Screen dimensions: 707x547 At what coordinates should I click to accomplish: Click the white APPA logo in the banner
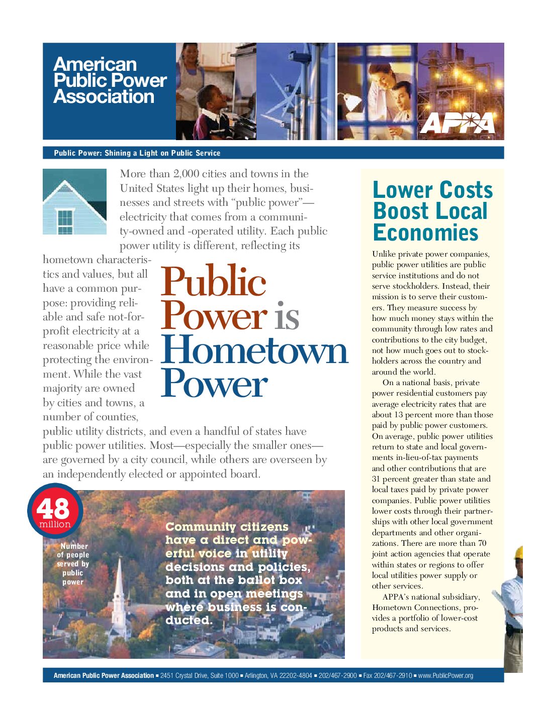coord(457,123)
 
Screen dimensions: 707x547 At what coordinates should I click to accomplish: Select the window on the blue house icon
coord(65,221)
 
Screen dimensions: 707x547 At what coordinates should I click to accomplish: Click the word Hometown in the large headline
coord(254,350)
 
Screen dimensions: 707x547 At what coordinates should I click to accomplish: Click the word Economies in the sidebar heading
coord(425,233)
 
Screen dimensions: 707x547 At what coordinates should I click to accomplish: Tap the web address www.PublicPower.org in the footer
coord(445,676)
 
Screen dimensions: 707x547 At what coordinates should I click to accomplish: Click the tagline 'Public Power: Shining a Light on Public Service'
coord(137,153)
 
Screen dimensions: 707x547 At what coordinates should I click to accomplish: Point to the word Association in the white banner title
coord(104,96)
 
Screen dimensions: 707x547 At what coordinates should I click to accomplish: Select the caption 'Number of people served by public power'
coord(73,564)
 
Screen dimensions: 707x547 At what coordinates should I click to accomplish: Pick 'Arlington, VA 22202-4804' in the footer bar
coord(278,676)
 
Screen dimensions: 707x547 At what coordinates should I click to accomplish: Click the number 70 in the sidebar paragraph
coord(482,543)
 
